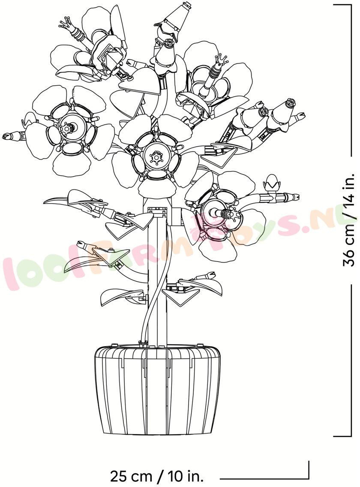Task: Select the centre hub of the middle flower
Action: coord(155,157)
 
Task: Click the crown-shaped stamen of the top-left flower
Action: coord(65,23)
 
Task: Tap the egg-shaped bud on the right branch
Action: coord(271,182)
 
